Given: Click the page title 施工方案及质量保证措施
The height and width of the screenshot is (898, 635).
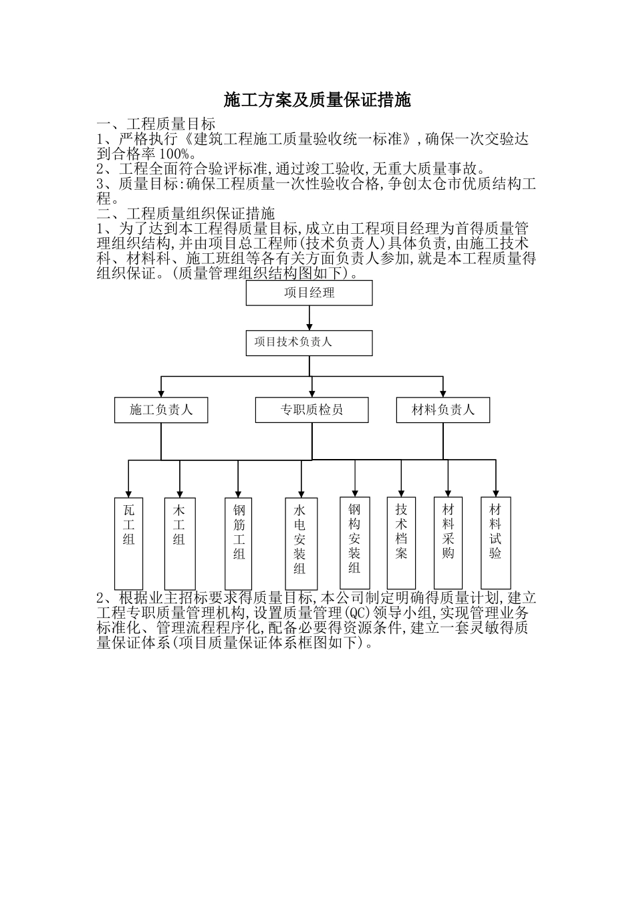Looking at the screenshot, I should [x=317, y=101].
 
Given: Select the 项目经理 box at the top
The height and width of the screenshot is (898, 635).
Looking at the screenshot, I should [x=309, y=293].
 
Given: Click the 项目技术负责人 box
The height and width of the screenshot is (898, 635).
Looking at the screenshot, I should [x=309, y=343].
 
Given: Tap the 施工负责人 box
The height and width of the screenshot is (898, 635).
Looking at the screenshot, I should [x=160, y=410].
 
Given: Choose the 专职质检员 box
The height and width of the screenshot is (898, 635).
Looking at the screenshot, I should [x=311, y=410].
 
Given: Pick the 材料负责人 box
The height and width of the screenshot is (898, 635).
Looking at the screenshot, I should [x=442, y=410].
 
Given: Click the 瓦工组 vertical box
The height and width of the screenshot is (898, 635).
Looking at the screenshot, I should [x=128, y=542].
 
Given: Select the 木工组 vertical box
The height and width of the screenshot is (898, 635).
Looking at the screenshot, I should [x=179, y=542].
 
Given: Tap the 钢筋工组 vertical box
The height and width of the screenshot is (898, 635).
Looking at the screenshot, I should [x=239, y=542].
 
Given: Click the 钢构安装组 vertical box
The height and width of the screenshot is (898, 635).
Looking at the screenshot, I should [x=354, y=542].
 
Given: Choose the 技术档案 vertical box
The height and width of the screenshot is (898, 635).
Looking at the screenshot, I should [x=401, y=542].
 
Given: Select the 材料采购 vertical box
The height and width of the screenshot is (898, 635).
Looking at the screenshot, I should [x=448, y=542].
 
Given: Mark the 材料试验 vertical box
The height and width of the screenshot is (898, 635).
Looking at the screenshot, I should [x=495, y=542].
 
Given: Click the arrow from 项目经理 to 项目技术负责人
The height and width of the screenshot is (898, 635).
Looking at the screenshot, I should [x=309, y=318].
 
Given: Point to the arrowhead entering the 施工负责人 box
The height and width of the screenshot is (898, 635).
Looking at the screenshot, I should [x=160, y=393].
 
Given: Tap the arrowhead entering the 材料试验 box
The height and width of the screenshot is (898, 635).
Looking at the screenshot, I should [x=495, y=492].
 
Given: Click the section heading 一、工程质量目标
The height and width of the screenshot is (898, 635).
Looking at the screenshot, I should [x=156, y=124].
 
